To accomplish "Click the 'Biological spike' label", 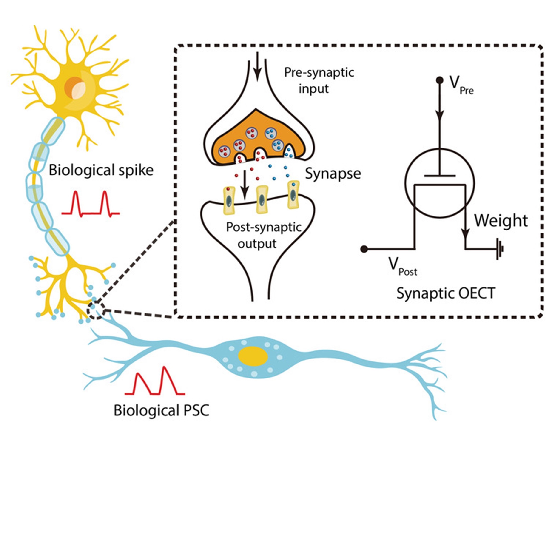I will pyautogui.click(x=101, y=170).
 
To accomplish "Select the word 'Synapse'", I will pyautogui.click(x=333, y=174).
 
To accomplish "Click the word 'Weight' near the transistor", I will pyautogui.click(x=501, y=221).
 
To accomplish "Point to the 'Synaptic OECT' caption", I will pyautogui.click(x=446, y=293).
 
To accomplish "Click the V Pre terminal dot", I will pyautogui.click(x=440, y=80).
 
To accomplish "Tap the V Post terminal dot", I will pyautogui.click(x=364, y=249).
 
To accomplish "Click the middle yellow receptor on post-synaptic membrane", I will pyautogui.click(x=262, y=199).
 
